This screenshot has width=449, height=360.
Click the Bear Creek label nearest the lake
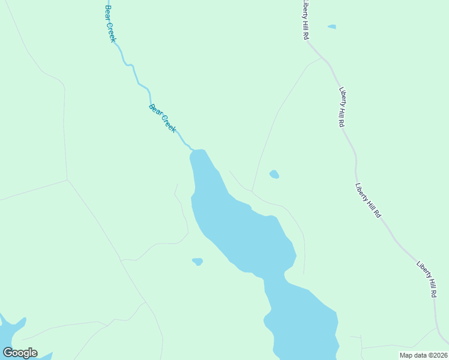coord(162,118)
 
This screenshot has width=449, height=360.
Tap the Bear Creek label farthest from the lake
coord(110,24)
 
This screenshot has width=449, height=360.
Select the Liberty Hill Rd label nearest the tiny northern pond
coord(306,20)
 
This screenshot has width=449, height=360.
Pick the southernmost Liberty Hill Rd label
coord(426,280)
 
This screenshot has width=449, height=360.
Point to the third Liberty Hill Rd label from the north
coord(368,200)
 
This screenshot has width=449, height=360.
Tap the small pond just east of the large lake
coord(274,175)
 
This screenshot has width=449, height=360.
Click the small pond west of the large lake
coord(197,262)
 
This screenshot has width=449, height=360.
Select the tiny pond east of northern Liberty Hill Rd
coord(332,26)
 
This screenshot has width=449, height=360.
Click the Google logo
coord(20,353)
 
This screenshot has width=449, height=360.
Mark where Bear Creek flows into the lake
coord(193,149)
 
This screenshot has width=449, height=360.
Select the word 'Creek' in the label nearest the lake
coord(168,124)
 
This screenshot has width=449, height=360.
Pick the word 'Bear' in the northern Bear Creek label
coord(108,12)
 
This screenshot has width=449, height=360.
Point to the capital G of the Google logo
coord(8,353)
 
